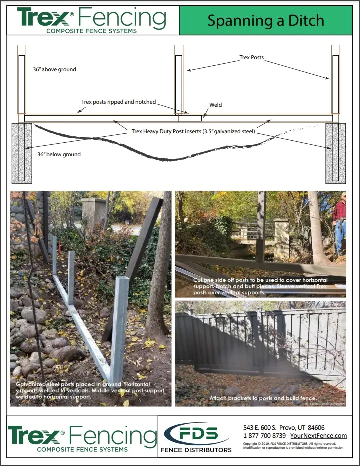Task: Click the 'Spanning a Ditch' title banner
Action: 266,21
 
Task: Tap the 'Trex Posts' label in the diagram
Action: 251,58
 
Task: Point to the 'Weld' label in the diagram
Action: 215,105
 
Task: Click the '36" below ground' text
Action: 59,154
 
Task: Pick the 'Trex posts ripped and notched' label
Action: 118,102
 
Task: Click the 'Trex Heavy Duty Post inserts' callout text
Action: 194,132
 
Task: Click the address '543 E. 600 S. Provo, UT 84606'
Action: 283,427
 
